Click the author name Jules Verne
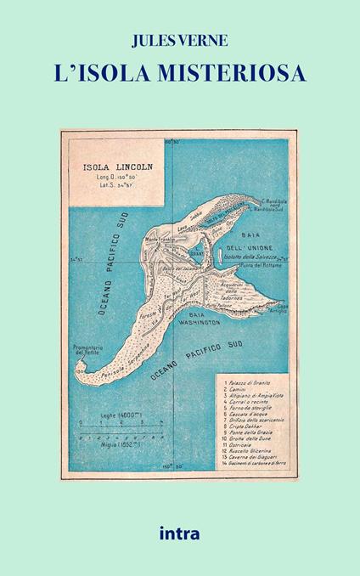point(180,38)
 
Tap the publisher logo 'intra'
point(179,535)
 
